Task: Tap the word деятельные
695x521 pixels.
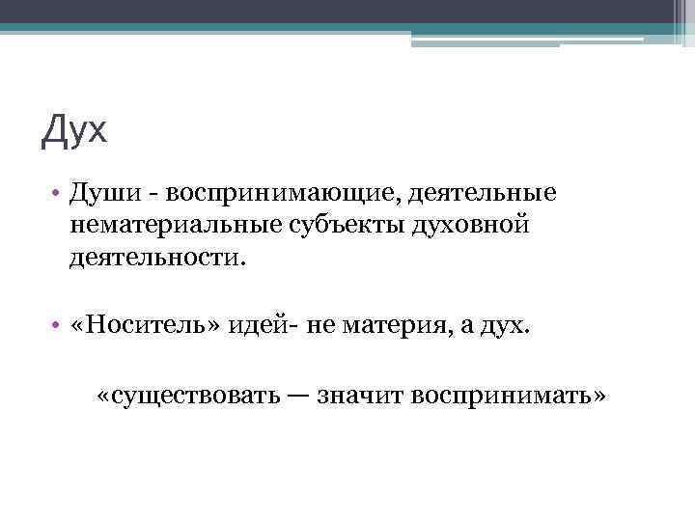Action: [484, 193]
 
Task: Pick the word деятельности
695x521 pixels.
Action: [155, 259]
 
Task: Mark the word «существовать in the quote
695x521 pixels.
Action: [183, 395]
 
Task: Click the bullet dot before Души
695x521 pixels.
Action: [58, 194]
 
